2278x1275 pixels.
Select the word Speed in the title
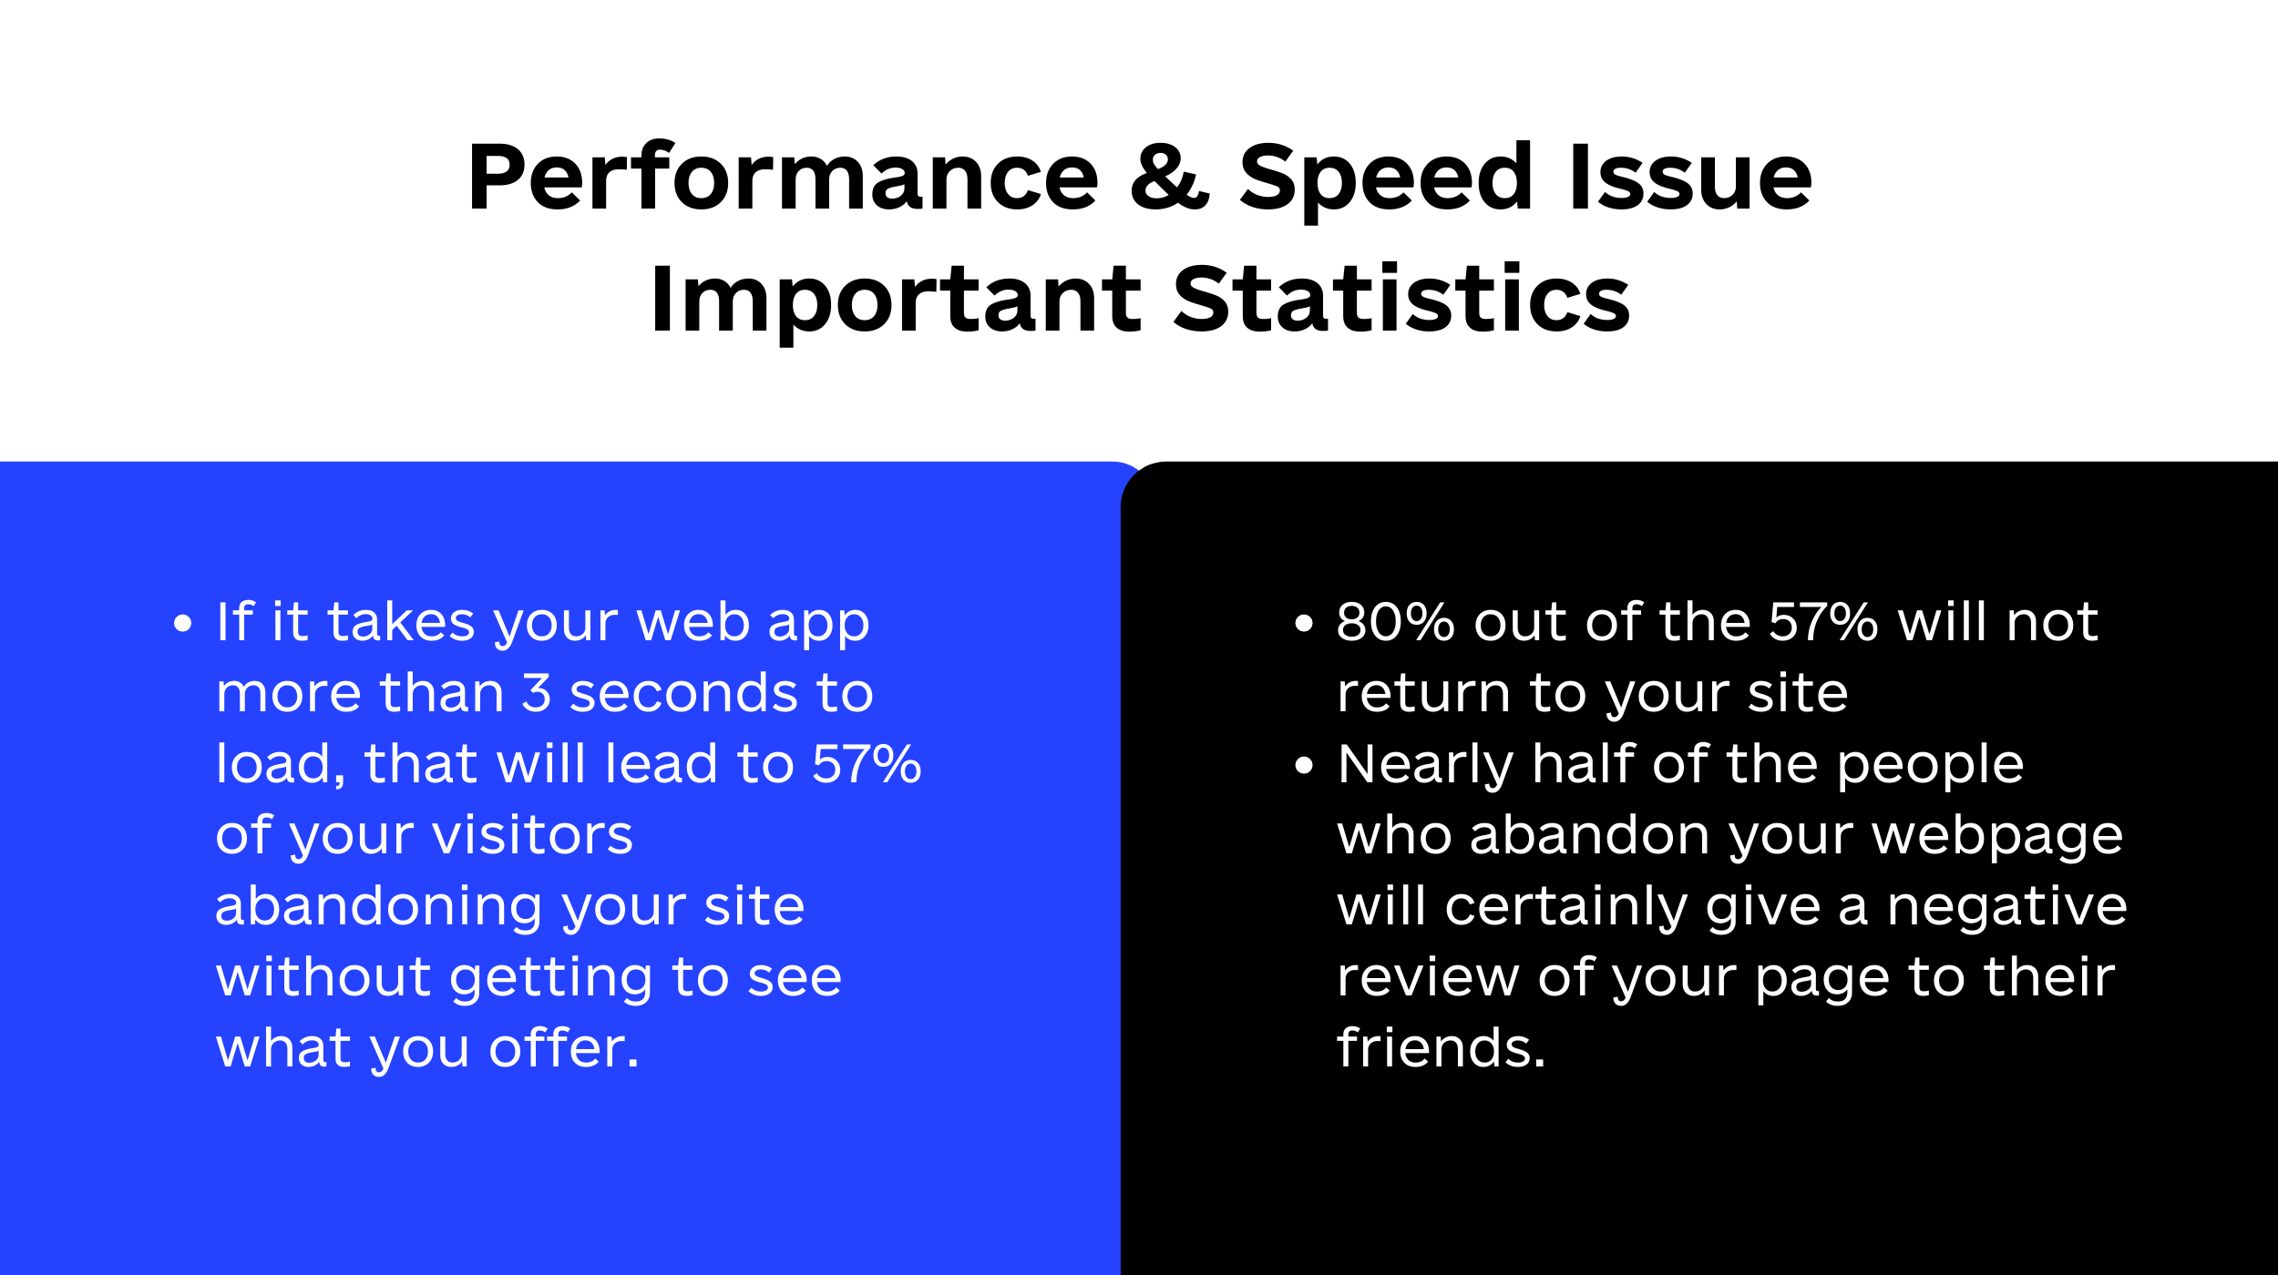click(x=1386, y=179)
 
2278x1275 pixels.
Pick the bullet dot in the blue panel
click(x=183, y=623)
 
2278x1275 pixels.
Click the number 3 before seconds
click(x=536, y=693)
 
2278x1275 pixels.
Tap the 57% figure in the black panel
click(x=1823, y=622)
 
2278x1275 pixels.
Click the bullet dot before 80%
click(x=1304, y=623)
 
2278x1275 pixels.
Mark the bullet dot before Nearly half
click(x=1304, y=765)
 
